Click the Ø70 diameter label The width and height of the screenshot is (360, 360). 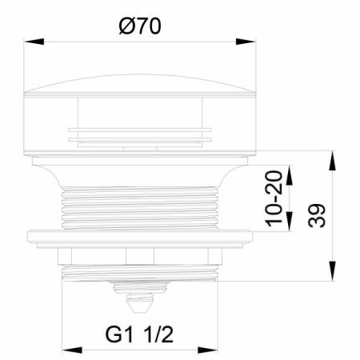pos(140,26)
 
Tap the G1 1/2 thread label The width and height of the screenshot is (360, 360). pos(139,334)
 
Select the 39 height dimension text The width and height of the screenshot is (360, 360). pos(317,215)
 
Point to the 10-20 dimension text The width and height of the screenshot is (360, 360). pos(274,198)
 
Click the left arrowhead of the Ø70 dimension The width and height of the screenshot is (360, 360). pos(34,42)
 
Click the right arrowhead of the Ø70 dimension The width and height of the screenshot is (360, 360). pos(246,42)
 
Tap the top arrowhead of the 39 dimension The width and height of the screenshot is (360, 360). pos(332,161)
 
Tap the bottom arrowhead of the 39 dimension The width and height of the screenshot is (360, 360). pos(332,271)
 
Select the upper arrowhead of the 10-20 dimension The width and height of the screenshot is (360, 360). pos(289,175)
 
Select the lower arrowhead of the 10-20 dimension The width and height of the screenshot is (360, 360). pos(289,222)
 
